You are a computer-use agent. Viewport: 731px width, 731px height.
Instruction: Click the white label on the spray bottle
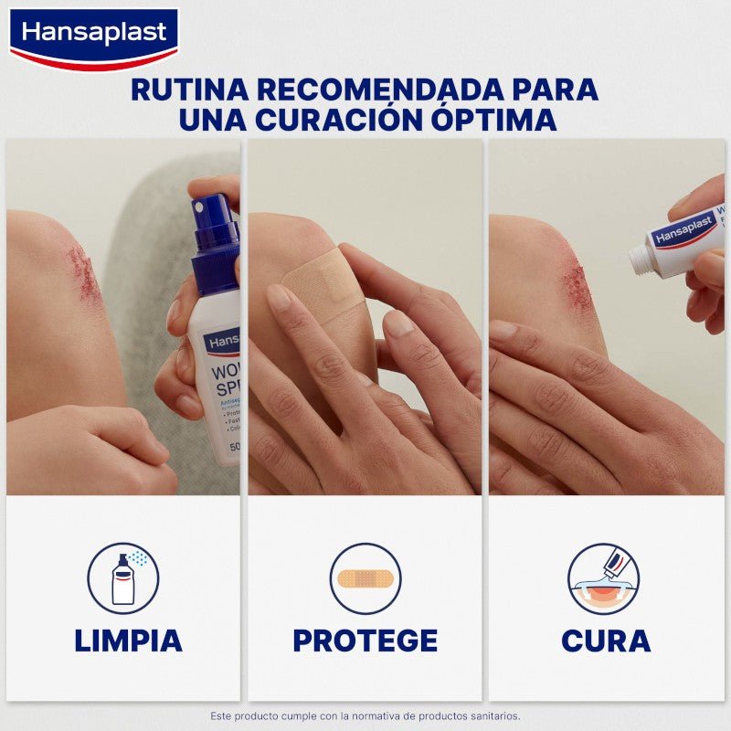tap(220, 384)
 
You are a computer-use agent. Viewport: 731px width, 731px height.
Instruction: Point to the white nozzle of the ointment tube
tap(642, 260)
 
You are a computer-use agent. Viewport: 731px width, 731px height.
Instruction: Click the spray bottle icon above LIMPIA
tap(123, 578)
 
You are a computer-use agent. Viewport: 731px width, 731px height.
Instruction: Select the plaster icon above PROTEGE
tap(365, 578)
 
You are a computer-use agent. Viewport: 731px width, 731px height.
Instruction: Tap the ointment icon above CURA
tap(603, 578)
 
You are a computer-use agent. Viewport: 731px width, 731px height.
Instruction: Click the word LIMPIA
tap(128, 641)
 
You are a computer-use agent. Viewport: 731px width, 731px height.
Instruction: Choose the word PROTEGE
tap(365, 641)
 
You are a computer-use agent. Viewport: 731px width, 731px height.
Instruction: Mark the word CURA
tap(606, 641)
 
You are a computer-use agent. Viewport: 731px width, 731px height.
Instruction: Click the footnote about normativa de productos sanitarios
tap(365, 715)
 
